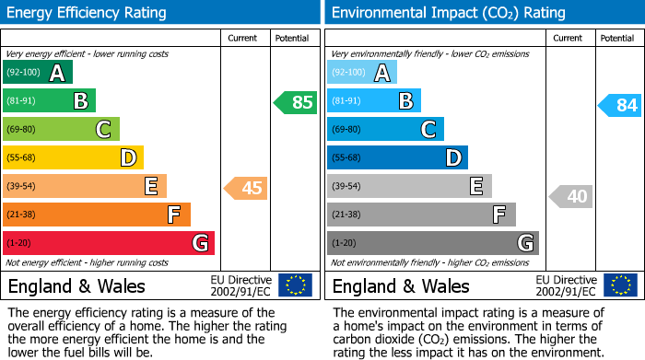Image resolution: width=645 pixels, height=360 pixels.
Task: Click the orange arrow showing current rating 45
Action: [x=246, y=188]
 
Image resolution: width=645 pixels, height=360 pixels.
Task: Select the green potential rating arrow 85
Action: [x=296, y=102]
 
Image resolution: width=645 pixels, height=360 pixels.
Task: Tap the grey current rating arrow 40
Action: [x=571, y=196]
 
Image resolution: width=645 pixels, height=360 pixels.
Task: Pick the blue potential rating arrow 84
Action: [x=620, y=105]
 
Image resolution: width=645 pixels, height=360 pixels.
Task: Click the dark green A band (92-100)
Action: [x=37, y=73]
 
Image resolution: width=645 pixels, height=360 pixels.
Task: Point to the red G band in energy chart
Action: [x=109, y=243]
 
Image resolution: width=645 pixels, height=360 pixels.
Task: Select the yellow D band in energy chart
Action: [x=73, y=158]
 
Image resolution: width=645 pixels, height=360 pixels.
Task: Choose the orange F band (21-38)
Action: [x=97, y=215]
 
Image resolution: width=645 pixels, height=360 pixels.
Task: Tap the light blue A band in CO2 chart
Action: [x=362, y=73]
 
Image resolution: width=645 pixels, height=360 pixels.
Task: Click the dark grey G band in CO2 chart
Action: [x=432, y=243]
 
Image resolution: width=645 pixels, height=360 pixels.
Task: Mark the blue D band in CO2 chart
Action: [x=397, y=158]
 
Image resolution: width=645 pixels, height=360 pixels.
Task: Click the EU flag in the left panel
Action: [x=295, y=285]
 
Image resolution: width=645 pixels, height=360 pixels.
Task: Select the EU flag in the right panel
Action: [x=619, y=285]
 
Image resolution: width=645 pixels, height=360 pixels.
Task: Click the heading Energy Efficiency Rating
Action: [x=88, y=13]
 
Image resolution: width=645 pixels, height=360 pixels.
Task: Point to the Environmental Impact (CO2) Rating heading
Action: [x=448, y=13]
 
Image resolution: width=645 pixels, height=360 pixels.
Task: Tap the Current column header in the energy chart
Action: [x=242, y=38]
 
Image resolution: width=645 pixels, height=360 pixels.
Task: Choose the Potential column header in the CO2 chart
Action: [x=616, y=38]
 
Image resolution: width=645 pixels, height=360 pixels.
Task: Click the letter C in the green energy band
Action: [x=104, y=130]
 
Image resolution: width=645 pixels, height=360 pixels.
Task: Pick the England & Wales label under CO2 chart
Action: [x=401, y=285]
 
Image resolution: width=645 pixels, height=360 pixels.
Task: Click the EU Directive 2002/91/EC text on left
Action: [x=240, y=285]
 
